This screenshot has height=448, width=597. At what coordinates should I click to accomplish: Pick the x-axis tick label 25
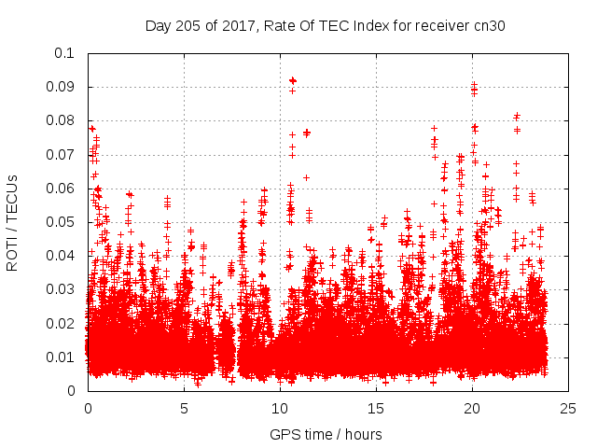coord(569,408)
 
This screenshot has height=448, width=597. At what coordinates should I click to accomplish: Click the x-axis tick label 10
coord(280,408)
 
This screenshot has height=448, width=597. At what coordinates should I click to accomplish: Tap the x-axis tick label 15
coord(376,408)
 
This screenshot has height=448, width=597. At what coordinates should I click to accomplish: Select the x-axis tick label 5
coord(184,408)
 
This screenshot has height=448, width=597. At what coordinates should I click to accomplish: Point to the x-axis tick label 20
coord(473,408)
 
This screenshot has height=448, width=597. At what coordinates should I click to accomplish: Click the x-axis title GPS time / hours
coord(326,434)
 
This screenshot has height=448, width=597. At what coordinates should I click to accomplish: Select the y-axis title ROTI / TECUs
coord(13,222)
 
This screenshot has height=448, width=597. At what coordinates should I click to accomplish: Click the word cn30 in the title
coord(488,26)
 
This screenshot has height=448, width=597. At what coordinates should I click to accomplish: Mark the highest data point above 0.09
coord(292,80)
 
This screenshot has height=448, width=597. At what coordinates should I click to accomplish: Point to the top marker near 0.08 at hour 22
coord(517,116)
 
